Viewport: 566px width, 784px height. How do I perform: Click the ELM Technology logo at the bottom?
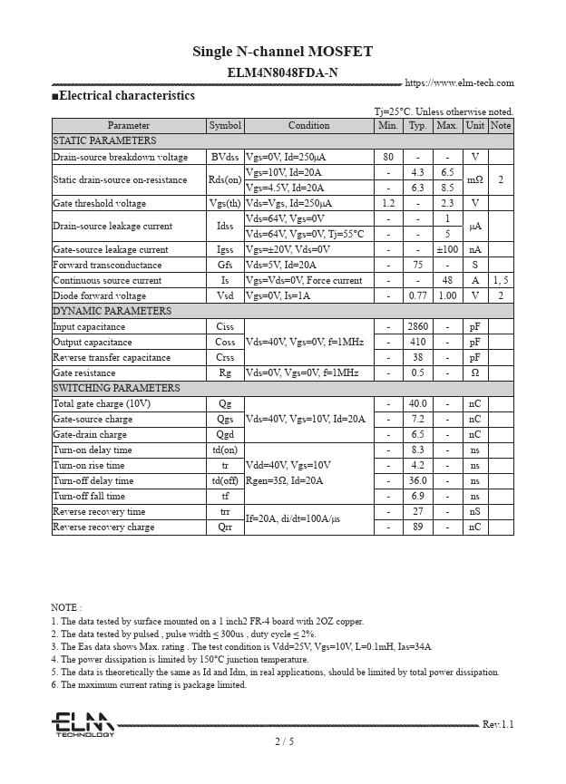point(83,724)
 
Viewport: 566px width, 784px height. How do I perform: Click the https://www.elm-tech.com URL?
point(459,83)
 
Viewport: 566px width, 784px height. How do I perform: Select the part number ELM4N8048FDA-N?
point(282,73)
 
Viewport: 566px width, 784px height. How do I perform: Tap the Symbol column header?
point(225,126)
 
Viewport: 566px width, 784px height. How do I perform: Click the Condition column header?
point(309,126)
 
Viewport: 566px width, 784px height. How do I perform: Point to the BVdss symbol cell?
point(225,157)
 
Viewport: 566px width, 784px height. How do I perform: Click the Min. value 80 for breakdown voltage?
point(388,157)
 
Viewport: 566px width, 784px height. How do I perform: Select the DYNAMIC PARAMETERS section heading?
point(112,311)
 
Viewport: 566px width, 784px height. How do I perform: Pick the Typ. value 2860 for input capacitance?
point(417,326)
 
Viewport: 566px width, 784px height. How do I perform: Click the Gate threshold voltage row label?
point(99,203)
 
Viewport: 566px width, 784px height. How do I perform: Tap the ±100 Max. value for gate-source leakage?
point(447,249)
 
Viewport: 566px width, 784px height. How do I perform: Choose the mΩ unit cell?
point(474,179)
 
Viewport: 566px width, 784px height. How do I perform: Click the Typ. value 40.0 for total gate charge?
point(417,403)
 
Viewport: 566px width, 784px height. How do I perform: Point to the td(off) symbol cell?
point(225,480)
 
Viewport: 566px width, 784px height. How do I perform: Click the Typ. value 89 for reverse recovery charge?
point(417,527)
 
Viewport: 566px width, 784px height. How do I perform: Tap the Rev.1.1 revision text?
point(497,724)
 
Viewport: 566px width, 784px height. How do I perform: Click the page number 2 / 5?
point(284,741)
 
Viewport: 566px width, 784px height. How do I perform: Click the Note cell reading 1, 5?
point(501,280)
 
